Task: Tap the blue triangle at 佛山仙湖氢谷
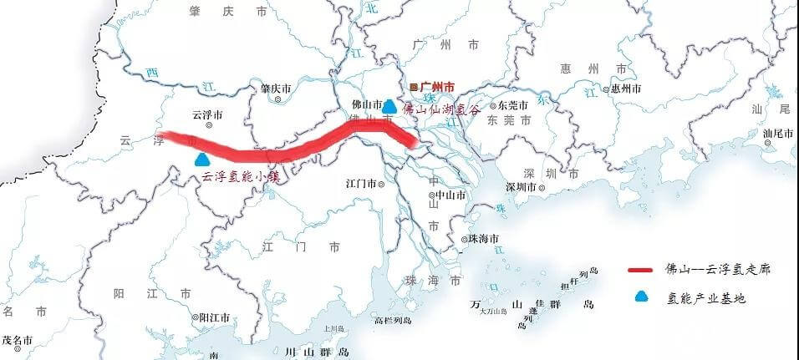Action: pyautogui.click(x=389, y=106)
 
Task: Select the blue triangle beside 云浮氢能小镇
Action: pyautogui.click(x=201, y=158)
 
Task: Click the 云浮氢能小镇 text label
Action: pyautogui.click(x=239, y=177)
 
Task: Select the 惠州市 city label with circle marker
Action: pyautogui.click(x=624, y=88)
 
